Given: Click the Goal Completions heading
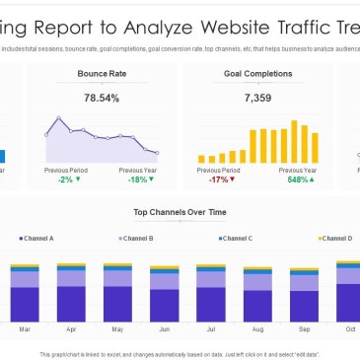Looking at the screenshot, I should [257, 73].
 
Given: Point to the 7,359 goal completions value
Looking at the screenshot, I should [257, 98].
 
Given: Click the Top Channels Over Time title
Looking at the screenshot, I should [179, 212].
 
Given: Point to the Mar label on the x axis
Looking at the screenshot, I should [25, 328].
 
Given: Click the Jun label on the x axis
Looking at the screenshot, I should [165, 328].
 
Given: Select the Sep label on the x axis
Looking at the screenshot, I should [305, 328].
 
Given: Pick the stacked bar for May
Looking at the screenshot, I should [118, 292].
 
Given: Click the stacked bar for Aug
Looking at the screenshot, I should [258, 293].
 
